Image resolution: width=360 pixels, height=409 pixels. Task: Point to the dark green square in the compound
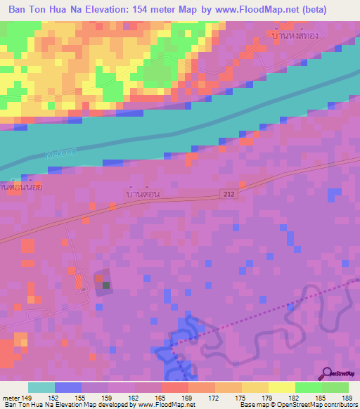(106, 285)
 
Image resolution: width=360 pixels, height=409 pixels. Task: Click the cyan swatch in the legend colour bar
(41, 387)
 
